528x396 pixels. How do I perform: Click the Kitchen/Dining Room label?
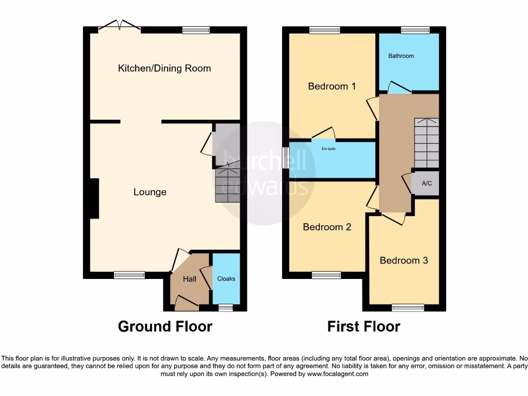pos(164,69)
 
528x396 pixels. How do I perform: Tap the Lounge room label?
pos(150,192)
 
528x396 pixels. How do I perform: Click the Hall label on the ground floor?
pos(190,279)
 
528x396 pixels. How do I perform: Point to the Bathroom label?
pos(401,56)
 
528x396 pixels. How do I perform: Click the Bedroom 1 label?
pos(332,86)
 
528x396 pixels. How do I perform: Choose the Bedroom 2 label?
pos(327,227)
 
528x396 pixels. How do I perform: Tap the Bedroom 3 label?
pos(404,260)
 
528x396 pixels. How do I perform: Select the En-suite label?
pos(328,149)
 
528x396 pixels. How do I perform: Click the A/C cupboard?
pos(426,184)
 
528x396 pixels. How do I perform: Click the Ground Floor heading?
pos(165,326)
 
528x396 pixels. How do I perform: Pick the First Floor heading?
pos(364,326)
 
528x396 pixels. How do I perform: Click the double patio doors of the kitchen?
pos(120,26)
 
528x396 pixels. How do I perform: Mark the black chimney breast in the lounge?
pos(93,199)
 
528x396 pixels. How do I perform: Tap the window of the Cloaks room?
pos(225,308)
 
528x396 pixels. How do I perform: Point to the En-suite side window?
pos(286,157)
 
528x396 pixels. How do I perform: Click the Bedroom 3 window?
pos(408,308)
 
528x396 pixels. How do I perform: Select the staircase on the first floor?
pos(426,142)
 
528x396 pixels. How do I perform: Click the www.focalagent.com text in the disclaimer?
pos(337,374)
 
